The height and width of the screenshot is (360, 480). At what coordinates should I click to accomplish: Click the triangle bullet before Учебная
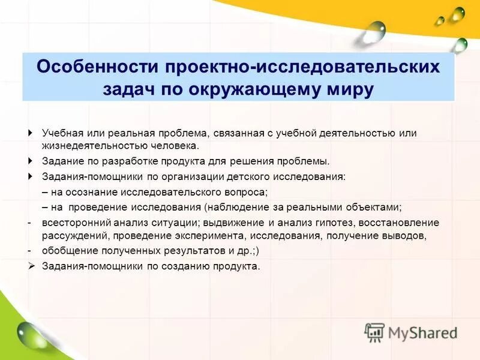(31, 133)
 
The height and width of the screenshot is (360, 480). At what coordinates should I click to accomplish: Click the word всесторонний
(71, 222)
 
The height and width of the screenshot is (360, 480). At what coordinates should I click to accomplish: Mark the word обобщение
(67, 250)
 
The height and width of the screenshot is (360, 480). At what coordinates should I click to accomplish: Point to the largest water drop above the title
(375, 31)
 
